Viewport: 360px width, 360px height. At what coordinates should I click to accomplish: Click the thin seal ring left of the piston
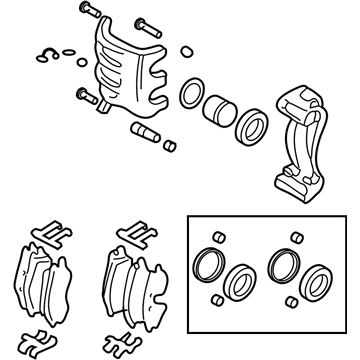pos(190,96)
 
